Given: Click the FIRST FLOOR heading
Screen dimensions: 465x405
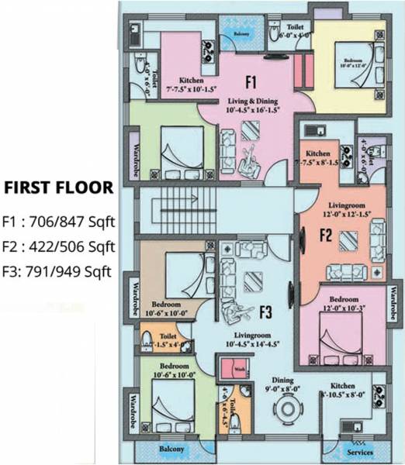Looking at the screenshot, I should [58, 188].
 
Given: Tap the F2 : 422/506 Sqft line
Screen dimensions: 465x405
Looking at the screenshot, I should [58, 247].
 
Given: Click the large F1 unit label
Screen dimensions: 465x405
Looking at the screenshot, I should [251, 81].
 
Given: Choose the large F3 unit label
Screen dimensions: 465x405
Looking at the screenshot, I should [265, 313].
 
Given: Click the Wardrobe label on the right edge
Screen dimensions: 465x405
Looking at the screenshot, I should [393, 305].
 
